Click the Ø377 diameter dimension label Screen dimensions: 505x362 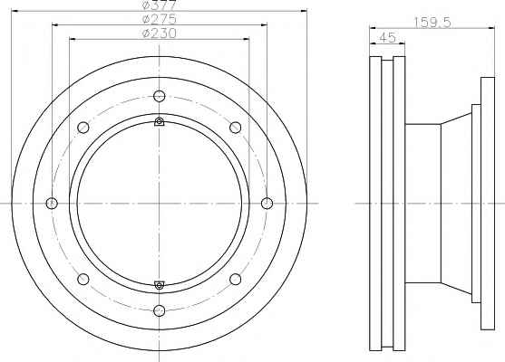159,5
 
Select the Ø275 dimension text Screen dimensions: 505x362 159,19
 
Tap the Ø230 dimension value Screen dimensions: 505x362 159,33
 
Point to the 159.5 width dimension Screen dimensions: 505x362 432,23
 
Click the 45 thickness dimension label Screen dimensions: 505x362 387,38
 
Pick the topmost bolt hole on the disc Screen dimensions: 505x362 160,96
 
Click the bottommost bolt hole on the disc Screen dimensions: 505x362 160,310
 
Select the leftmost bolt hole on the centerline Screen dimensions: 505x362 52,204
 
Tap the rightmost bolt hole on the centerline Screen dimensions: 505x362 267,204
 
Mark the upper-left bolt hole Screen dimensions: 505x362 83,128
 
